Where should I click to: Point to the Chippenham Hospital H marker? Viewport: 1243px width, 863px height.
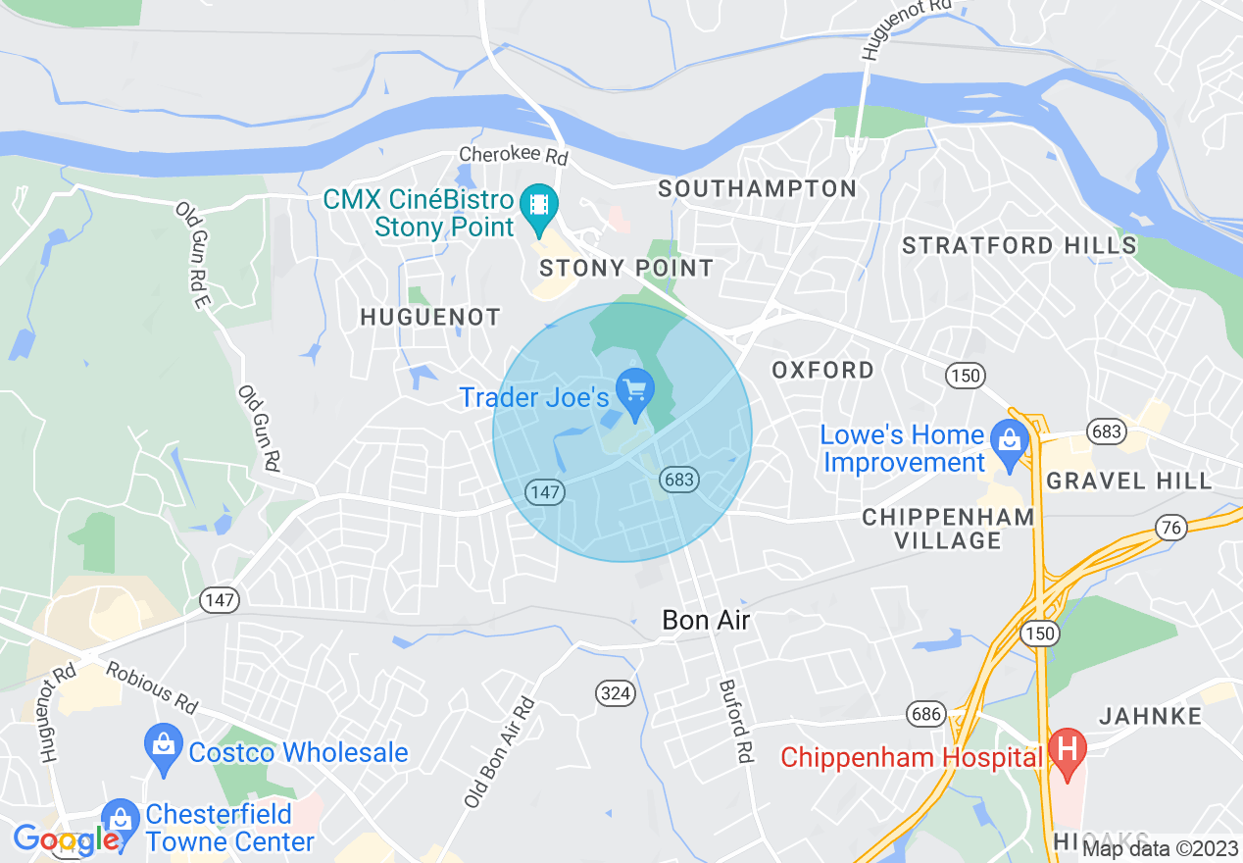[1067, 751]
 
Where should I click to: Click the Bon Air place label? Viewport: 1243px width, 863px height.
[707, 620]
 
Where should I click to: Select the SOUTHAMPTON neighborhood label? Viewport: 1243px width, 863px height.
[757, 188]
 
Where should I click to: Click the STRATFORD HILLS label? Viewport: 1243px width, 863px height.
[1019, 245]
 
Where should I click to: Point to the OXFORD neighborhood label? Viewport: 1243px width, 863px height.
[822, 370]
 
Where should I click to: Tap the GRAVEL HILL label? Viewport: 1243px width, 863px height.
[1128, 481]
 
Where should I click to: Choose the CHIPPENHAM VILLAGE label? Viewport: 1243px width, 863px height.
[947, 529]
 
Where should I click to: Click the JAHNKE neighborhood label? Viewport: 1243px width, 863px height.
[1150, 716]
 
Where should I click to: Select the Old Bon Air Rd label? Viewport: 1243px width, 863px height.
[499, 753]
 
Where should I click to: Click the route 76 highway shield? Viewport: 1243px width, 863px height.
[1170, 526]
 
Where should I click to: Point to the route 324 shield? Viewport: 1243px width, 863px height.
[616, 693]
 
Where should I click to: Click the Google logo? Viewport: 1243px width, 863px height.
[67, 839]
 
